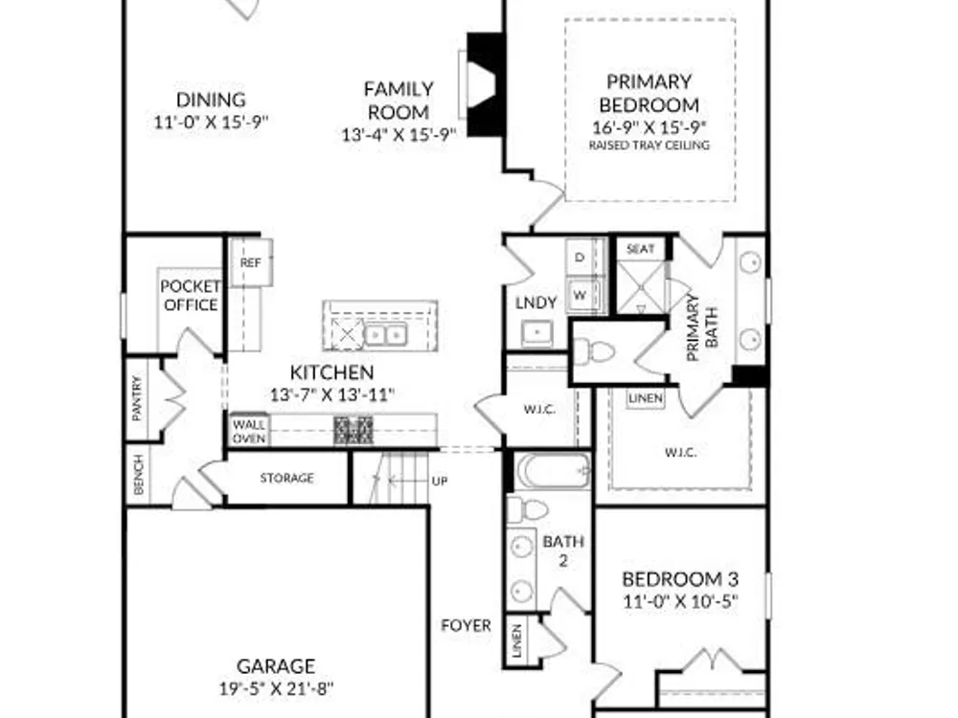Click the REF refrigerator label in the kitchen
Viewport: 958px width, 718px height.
click(x=250, y=262)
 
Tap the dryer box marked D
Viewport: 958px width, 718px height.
click(x=580, y=257)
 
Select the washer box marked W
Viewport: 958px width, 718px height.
click(x=580, y=296)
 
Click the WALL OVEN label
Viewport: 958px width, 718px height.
click(x=249, y=431)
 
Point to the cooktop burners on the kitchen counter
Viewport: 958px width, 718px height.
click(x=354, y=431)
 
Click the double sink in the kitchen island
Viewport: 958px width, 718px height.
click(x=385, y=334)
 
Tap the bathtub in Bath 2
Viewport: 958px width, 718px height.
click(x=554, y=471)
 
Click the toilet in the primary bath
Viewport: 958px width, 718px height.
click(x=594, y=351)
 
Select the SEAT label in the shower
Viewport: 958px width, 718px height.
click(x=641, y=249)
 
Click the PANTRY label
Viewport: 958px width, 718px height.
click(x=137, y=398)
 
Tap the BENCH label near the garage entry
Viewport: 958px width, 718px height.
click(x=139, y=475)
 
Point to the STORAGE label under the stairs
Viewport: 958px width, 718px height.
click(x=287, y=478)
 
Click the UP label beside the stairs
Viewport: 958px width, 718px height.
click(x=440, y=482)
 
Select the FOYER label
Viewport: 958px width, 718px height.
click(x=467, y=625)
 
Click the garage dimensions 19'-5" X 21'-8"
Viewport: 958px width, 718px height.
click(x=277, y=688)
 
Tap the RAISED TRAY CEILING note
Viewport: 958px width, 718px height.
click(x=650, y=146)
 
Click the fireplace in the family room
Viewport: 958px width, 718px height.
click(x=483, y=84)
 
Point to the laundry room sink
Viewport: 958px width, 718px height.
click(x=537, y=332)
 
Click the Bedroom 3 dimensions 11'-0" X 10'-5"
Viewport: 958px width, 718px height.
click(x=680, y=601)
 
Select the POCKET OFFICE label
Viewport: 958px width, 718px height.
click(x=191, y=296)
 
